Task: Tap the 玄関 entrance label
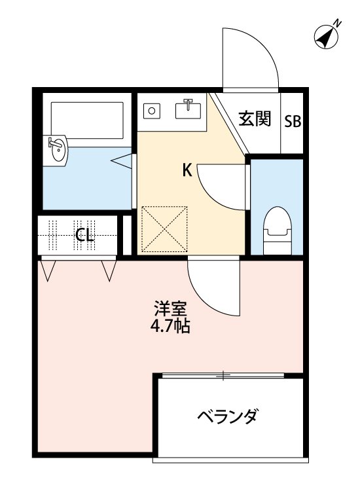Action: point(254,120)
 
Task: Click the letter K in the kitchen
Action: point(187,171)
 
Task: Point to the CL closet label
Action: point(84,235)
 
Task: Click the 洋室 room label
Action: point(171,308)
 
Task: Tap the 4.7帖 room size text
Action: point(171,325)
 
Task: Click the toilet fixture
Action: point(276,230)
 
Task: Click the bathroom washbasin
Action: point(56,151)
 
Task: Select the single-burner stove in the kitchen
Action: point(153,110)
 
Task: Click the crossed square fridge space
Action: point(165,228)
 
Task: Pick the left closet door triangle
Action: point(48,269)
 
